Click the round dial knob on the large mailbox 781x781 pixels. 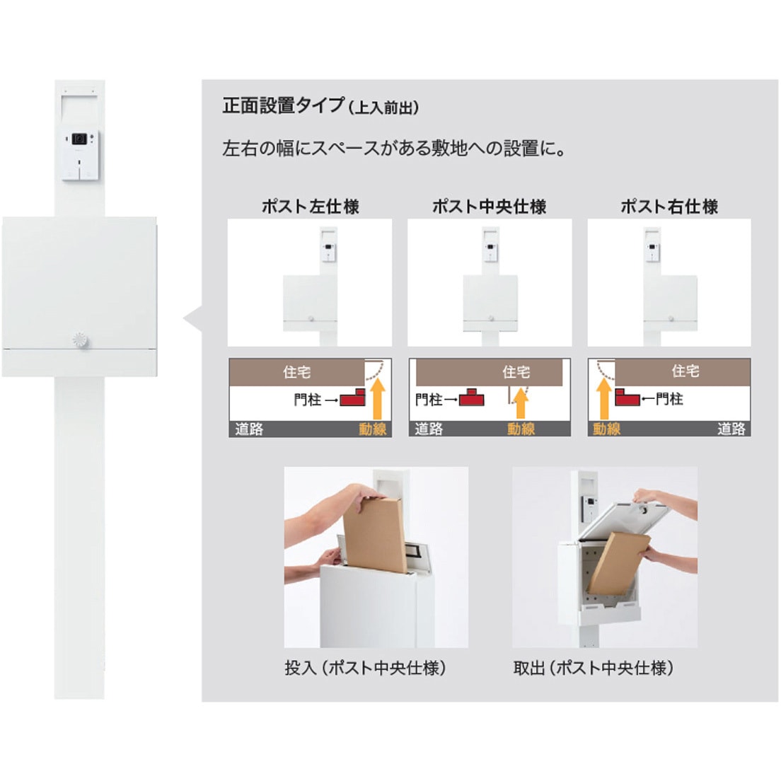point(80,340)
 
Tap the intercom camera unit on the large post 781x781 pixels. point(80,155)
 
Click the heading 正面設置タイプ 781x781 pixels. point(284,105)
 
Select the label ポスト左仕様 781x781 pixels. point(311,206)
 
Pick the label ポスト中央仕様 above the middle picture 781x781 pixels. point(489,206)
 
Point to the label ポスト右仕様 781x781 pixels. point(669,206)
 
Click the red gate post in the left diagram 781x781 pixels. point(352,397)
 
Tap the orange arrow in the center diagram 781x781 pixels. point(521,403)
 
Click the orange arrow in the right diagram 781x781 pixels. point(603,398)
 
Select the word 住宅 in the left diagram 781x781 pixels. point(297,371)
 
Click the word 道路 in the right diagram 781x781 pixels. point(731,429)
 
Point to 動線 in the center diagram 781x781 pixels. point(521,429)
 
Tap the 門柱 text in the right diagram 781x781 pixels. point(669,398)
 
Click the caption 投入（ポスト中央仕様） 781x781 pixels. point(366,668)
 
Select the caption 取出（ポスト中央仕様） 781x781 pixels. point(594,668)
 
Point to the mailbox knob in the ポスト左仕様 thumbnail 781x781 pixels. point(311,318)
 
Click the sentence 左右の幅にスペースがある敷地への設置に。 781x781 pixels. point(394,149)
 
